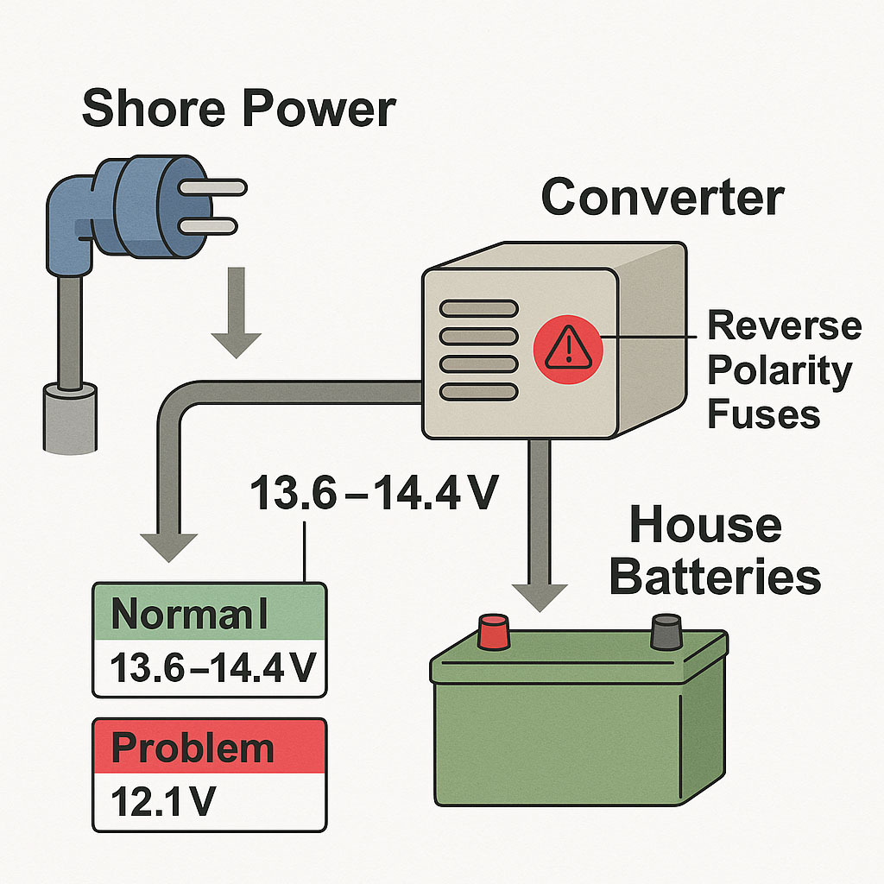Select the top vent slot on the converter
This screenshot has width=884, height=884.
(x=478, y=308)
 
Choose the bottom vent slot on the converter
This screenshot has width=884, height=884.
(x=478, y=392)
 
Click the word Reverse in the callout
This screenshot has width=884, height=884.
(x=784, y=327)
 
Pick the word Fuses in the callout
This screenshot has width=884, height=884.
(x=763, y=414)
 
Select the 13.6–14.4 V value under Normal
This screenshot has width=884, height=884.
(x=209, y=668)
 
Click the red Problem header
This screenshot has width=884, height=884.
(x=209, y=747)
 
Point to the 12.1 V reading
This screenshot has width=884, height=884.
(x=164, y=802)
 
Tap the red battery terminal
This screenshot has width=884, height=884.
(x=494, y=632)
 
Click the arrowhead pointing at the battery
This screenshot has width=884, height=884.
(x=540, y=596)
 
